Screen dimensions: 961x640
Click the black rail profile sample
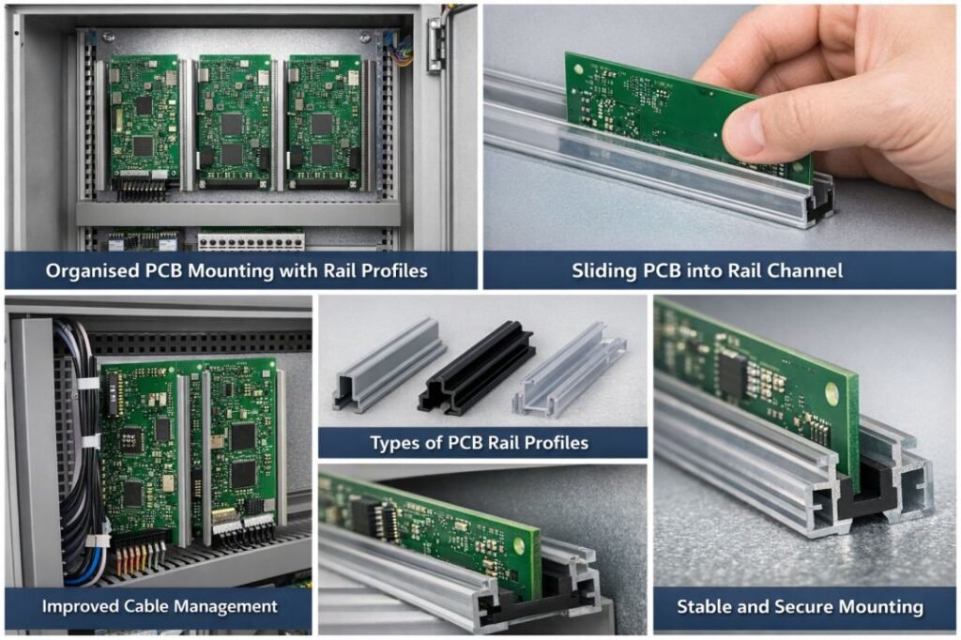(x=476, y=366)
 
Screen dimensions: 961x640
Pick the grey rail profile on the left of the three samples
(x=389, y=363)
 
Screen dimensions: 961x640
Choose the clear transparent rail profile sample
(x=570, y=370)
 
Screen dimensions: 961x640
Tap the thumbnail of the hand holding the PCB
(x=719, y=128)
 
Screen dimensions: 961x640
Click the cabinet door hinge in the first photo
(x=435, y=45)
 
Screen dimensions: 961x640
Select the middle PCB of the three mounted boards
(x=234, y=121)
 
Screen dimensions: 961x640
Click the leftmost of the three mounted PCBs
(x=145, y=120)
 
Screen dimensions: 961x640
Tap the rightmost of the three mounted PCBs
(x=324, y=121)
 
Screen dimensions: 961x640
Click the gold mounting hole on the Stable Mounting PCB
(x=832, y=393)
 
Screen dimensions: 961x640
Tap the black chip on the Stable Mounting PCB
(x=733, y=373)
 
